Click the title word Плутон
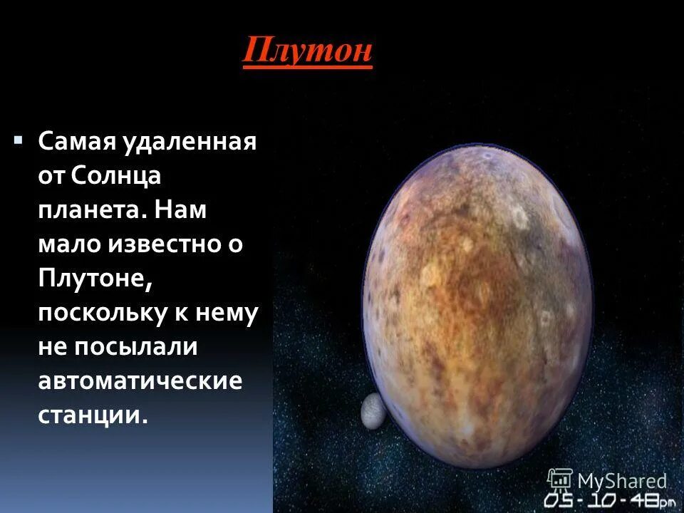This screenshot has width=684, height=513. coord(307,52)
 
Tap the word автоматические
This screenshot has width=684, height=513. coord(140,380)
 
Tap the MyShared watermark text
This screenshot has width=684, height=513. coord(621,481)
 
